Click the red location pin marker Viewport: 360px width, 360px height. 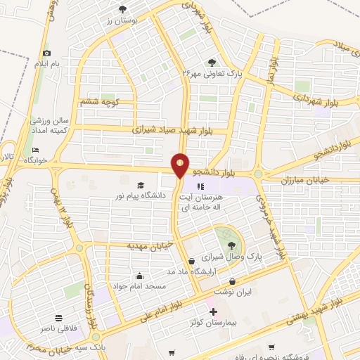(180, 166)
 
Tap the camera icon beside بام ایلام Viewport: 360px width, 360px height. (47, 53)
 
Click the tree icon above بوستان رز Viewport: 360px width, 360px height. (123, 9)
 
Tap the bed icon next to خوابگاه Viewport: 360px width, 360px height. (36, 150)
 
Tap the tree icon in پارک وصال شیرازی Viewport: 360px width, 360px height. (231, 245)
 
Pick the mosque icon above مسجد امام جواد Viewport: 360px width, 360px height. (140, 276)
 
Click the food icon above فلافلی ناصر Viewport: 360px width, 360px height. (58, 317)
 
